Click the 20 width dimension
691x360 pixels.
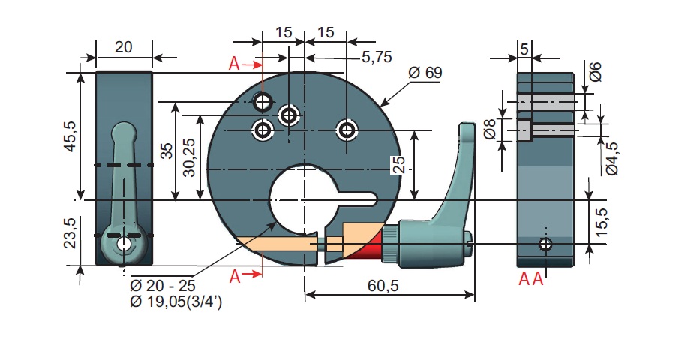coord(124,46)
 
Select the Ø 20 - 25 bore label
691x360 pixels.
coord(164,286)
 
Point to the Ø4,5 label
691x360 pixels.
coord(612,158)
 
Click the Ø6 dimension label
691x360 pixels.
coord(595,72)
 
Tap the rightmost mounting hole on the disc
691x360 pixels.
coord(346,130)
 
